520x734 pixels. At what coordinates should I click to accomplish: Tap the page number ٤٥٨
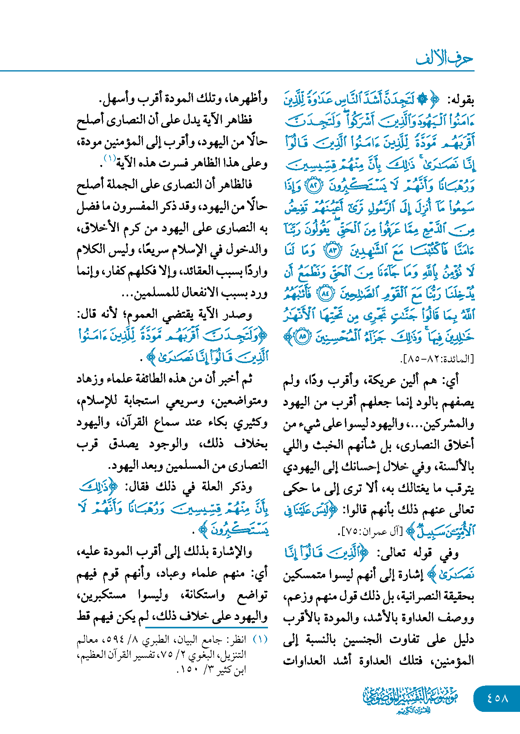click(497, 698)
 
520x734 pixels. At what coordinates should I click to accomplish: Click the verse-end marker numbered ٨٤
click(325, 294)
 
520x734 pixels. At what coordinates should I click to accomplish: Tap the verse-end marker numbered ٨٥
click(302, 337)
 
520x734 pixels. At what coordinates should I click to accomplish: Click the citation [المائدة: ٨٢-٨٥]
click(437, 359)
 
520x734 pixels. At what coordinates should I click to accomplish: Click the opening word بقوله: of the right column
click(461, 100)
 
